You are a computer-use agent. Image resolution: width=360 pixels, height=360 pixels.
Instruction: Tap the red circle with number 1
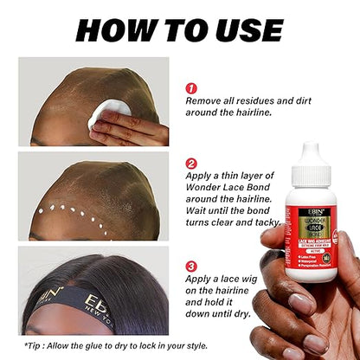coord(192,88)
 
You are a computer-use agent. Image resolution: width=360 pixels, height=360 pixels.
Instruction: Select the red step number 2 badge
coord(192,164)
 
